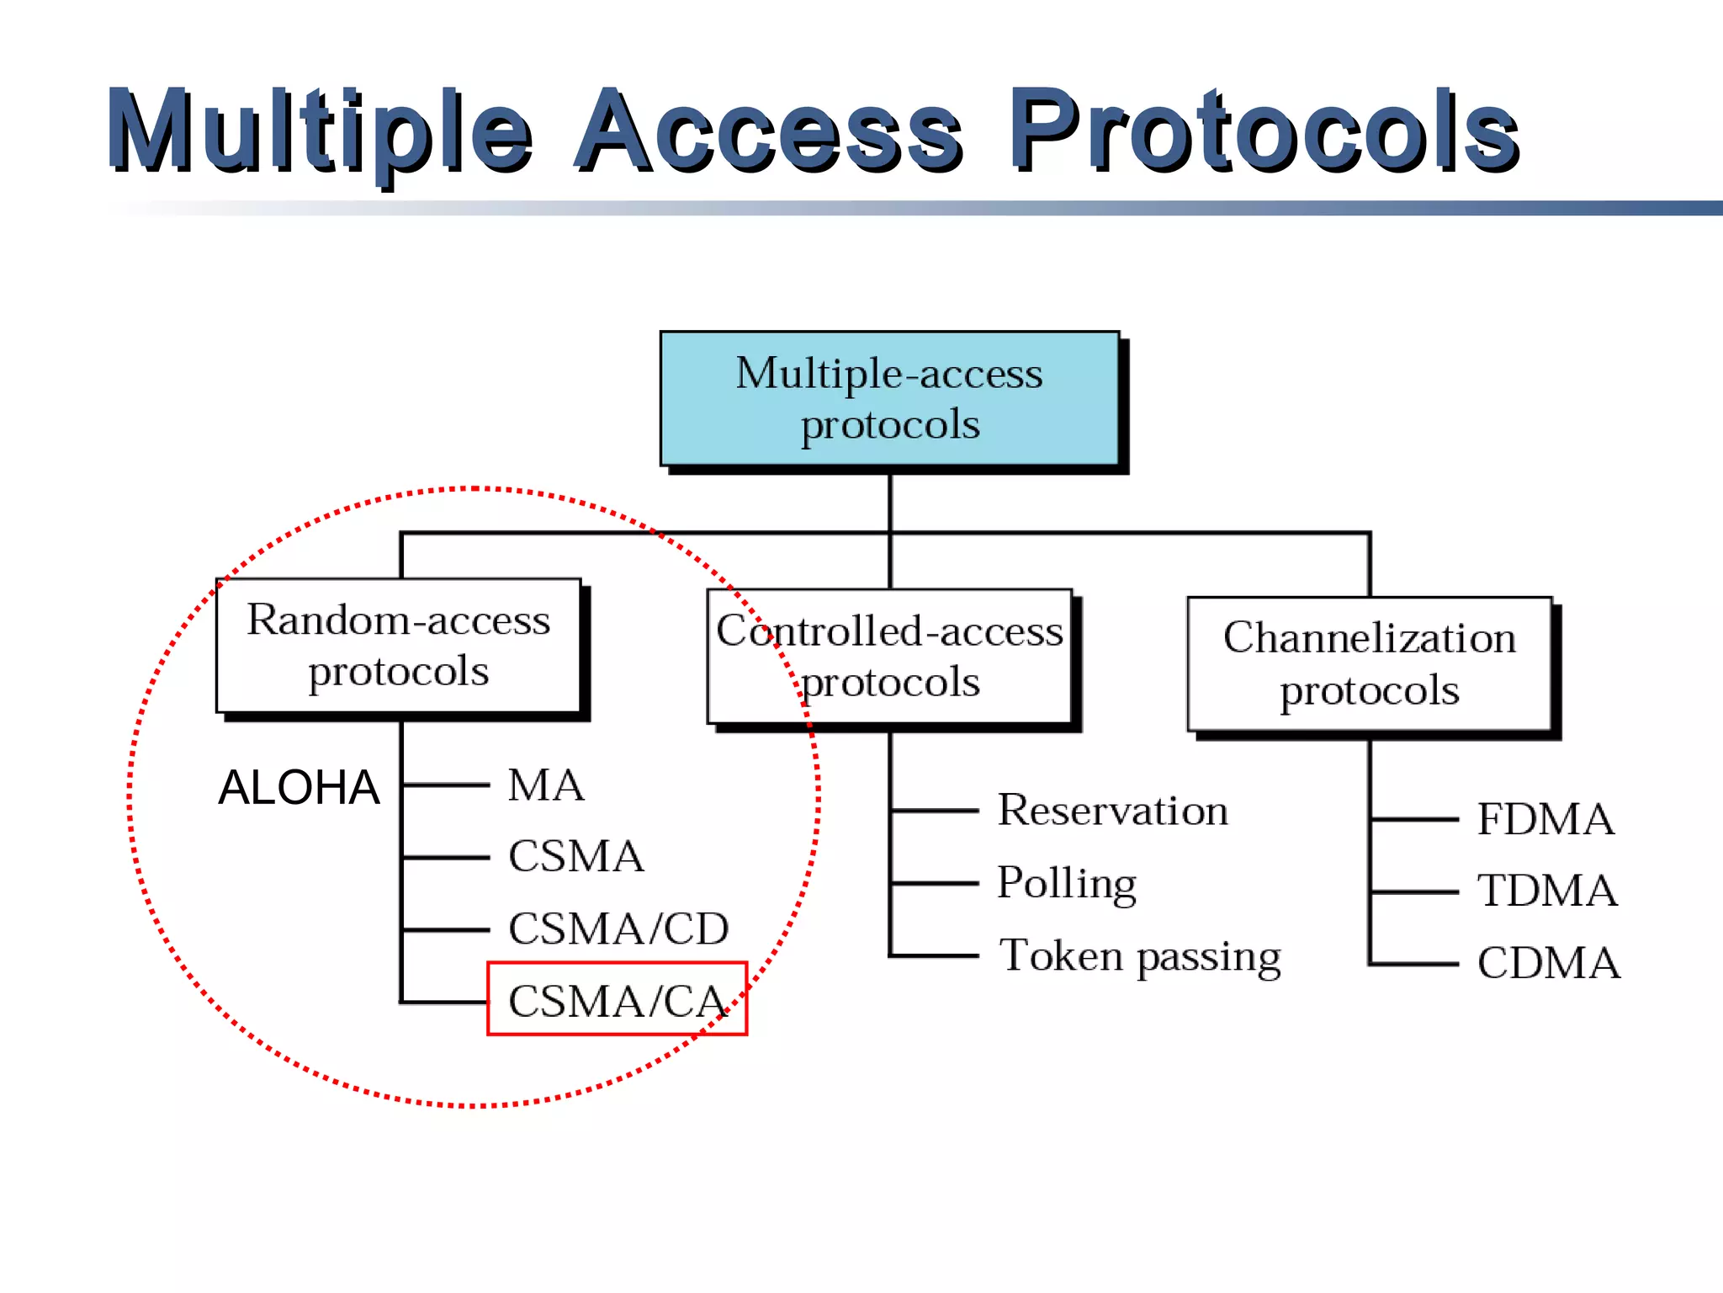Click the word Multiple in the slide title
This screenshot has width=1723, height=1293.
[x=320, y=133]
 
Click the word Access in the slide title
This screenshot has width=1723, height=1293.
[x=767, y=133]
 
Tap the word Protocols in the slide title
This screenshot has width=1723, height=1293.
[x=1262, y=133]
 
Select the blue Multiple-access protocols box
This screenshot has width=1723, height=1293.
[x=889, y=398]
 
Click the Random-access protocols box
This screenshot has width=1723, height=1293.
[x=398, y=646]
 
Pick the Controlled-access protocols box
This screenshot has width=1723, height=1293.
[x=889, y=656]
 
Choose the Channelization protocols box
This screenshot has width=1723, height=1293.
[x=1369, y=664]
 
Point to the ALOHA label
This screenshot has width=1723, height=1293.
[x=299, y=788]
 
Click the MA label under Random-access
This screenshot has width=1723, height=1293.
[x=545, y=785]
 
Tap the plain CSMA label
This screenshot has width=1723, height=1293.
[x=576, y=857]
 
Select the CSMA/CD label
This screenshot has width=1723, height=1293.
[x=618, y=929]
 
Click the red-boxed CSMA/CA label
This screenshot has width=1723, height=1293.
[x=617, y=1000]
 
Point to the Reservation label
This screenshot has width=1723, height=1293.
[x=1112, y=811]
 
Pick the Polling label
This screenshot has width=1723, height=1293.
[x=1067, y=883]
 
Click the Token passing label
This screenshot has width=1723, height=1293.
[x=1140, y=956]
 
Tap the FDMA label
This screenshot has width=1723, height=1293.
[x=1545, y=819]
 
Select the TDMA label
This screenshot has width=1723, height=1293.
[x=1547, y=891]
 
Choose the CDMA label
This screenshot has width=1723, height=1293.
[x=1548, y=963]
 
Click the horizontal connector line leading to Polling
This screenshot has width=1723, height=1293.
[x=934, y=884]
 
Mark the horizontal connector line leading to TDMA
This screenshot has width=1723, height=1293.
[x=1413, y=891]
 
